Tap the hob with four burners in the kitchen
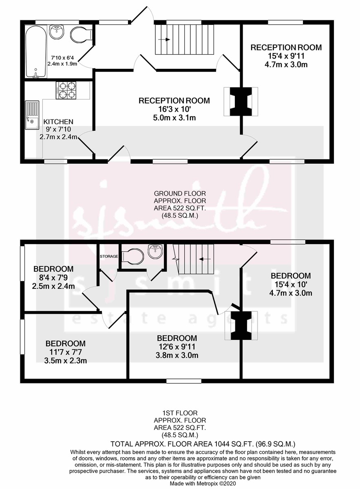point(66,90)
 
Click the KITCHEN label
point(58,121)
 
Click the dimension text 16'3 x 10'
point(174,110)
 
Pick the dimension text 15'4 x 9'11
point(286,56)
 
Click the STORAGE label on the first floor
point(109,256)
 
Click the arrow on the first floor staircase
point(204,259)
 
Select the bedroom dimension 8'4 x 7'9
point(53,278)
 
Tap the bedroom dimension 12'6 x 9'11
point(177,347)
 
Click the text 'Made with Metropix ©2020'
point(203,483)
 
